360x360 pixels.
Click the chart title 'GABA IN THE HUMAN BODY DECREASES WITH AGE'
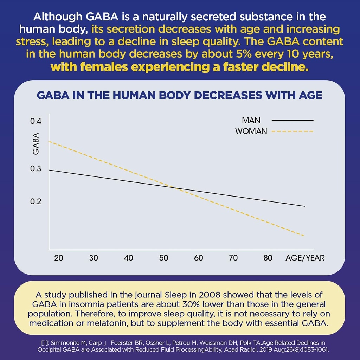pos(179,96)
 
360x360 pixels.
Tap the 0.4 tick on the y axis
pos(36,121)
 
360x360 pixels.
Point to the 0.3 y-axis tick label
pos(36,169)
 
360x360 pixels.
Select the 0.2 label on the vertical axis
pos(36,202)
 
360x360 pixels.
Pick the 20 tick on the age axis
pos(58,258)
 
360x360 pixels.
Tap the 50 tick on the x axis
pos(163,258)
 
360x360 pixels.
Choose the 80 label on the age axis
pos(268,258)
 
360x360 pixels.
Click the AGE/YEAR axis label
pos(305,258)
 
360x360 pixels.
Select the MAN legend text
pos(251,120)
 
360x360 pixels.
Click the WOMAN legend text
pos(251,131)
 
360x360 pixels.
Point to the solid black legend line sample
pos(292,120)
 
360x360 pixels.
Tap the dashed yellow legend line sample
pos(292,131)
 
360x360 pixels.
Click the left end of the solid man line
pos(49,170)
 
